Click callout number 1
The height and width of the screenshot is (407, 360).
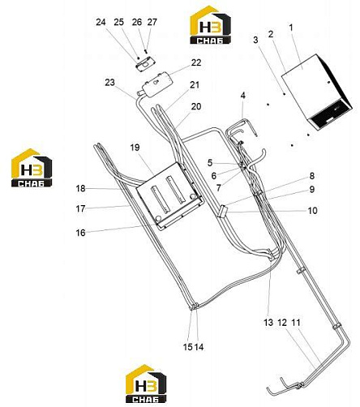click(x=291, y=28)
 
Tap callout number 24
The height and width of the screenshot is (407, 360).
click(x=101, y=22)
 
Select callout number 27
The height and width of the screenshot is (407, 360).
click(x=152, y=22)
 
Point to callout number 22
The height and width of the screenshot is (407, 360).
click(x=196, y=62)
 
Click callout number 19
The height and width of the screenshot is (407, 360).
click(x=135, y=148)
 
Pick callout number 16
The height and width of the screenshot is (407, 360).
click(x=80, y=233)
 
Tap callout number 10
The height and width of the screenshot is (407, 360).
click(x=312, y=210)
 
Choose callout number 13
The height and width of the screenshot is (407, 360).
click(x=268, y=322)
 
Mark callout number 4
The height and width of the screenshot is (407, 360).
click(x=243, y=95)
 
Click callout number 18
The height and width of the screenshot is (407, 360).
click(x=80, y=188)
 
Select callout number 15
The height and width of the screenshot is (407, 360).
click(x=188, y=347)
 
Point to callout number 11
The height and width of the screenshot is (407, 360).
click(x=296, y=322)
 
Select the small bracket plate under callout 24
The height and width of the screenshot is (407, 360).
click(x=144, y=64)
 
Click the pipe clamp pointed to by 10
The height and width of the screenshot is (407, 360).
click(x=222, y=211)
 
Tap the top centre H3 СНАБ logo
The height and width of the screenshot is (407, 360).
click(x=210, y=25)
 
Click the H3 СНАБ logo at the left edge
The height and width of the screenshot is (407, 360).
click(x=32, y=168)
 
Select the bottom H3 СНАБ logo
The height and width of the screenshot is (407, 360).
click(x=146, y=383)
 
